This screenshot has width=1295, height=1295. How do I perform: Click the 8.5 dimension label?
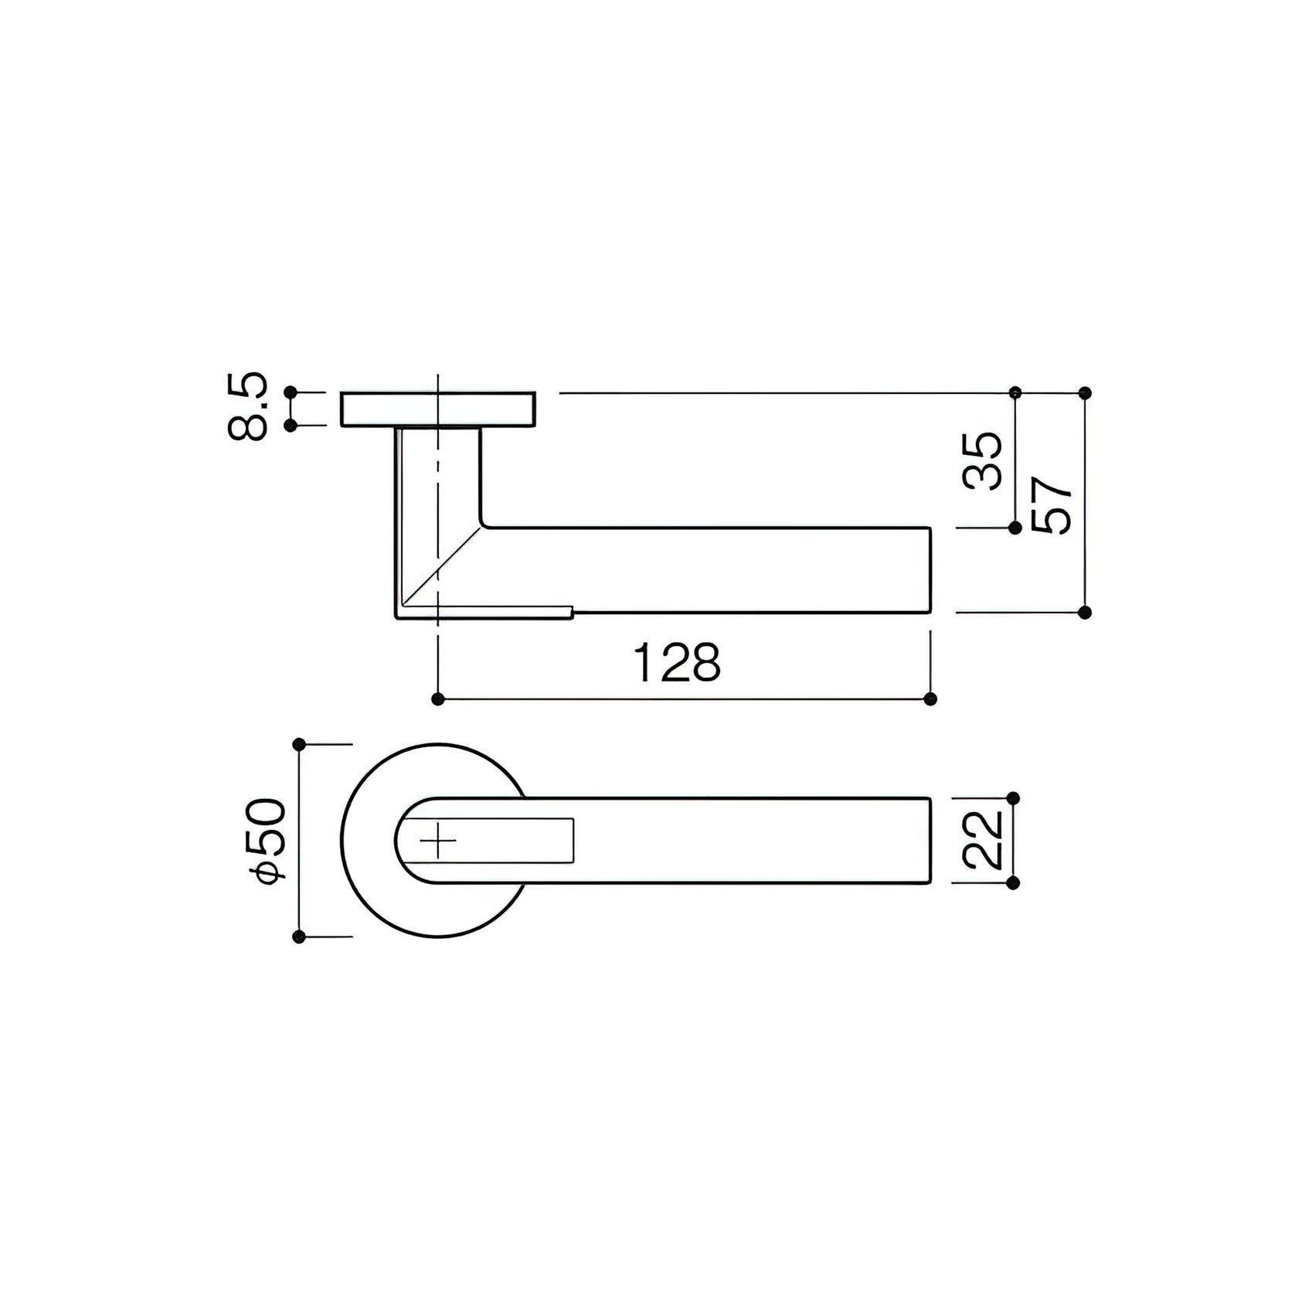click(x=248, y=408)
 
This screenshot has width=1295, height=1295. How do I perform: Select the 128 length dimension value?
click(x=677, y=663)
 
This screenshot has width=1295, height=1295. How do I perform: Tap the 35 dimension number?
click(x=983, y=462)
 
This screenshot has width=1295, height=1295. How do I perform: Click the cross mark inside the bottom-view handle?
click(x=439, y=839)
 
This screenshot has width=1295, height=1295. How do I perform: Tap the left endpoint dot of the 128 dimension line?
click(x=438, y=699)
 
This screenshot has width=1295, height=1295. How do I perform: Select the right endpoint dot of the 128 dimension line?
click(x=930, y=699)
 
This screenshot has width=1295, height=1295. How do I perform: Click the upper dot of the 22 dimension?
click(x=1015, y=797)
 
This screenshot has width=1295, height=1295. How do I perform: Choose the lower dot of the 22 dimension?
click(x=1015, y=882)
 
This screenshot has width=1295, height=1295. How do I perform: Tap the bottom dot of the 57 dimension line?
click(x=1085, y=612)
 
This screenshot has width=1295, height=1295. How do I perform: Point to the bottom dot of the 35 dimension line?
click(x=1015, y=528)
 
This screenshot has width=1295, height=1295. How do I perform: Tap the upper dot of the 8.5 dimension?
click(x=291, y=393)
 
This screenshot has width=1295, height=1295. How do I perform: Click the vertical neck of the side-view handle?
click(x=417, y=479)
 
